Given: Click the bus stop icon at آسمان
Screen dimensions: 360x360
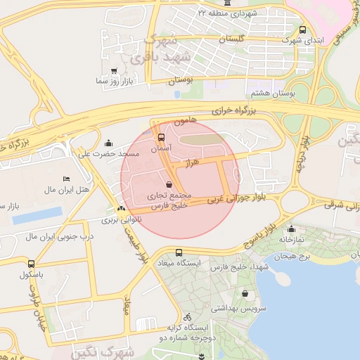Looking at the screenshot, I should [161, 137].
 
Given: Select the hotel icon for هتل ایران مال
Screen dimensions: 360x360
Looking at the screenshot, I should [67, 179].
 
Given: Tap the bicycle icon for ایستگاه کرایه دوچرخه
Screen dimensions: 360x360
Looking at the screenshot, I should [187, 316].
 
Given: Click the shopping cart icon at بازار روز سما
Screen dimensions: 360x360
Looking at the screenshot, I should [115, 71].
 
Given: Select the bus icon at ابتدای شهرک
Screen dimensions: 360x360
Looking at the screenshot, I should [302, 30].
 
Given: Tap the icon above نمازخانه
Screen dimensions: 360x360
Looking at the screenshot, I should [290, 229].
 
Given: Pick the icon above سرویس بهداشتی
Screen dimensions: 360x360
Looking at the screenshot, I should [245, 294].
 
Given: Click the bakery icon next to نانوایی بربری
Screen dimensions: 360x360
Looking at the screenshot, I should [122, 208].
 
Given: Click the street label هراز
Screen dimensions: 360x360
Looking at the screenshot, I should [193, 162].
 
